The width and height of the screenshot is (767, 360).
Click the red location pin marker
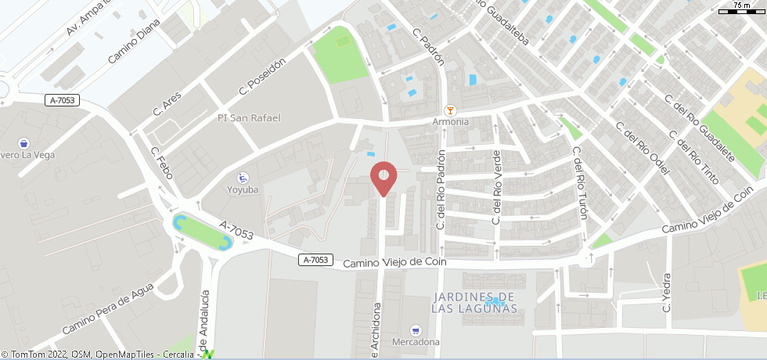(383, 177)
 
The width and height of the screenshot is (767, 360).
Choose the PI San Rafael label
(249, 118)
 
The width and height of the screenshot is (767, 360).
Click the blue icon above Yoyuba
(243, 177)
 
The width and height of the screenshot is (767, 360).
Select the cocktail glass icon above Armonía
(450, 110)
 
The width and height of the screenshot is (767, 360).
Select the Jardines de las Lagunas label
(474, 302)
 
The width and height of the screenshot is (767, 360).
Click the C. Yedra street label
(667, 293)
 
